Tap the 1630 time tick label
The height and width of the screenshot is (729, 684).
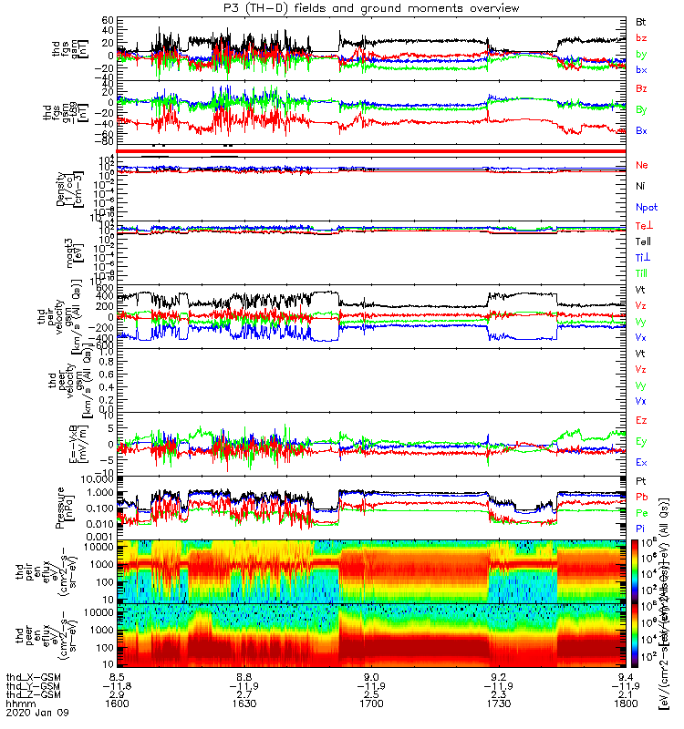[x=244, y=703]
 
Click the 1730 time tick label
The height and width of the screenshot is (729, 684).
[x=498, y=703]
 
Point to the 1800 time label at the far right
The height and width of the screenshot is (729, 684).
[x=625, y=703]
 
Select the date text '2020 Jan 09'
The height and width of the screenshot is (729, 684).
[x=30, y=714]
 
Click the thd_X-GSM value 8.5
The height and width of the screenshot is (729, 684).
[x=118, y=677]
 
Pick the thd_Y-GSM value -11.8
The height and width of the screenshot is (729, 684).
[x=118, y=686]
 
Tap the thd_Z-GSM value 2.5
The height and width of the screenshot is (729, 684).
[x=371, y=695]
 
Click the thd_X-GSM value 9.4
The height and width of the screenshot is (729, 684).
[x=625, y=677]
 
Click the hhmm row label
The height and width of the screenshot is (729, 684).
[x=16, y=703]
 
